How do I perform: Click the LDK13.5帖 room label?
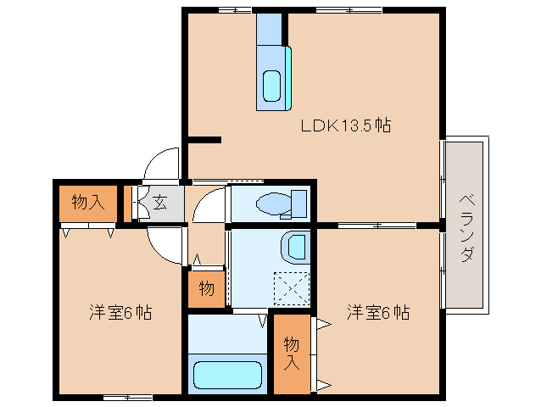345,125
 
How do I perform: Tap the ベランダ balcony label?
466,227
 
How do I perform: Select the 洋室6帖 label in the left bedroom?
120,312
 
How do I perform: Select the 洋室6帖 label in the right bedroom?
377,312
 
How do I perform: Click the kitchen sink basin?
272,86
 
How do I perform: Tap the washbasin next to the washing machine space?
295,246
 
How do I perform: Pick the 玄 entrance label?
159,203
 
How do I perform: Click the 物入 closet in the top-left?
87,203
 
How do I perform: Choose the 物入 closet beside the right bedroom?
292,354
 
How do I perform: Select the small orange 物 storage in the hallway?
206,289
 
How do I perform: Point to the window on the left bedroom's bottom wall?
127,397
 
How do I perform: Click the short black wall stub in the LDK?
204,140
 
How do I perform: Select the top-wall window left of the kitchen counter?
234,10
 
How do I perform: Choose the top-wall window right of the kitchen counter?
348,10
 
